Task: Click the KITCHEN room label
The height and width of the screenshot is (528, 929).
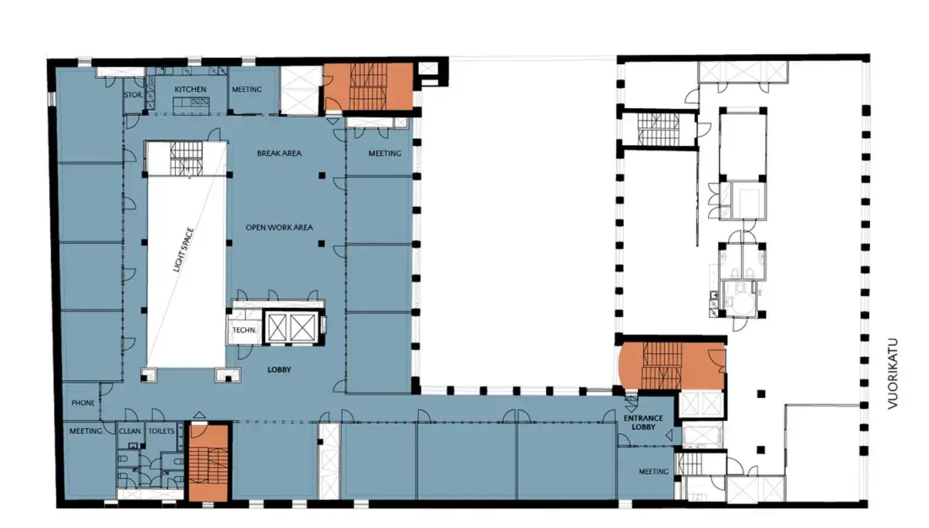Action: pyautogui.click(x=190, y=89)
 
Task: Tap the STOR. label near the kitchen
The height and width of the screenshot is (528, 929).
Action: pyautogui.click(x=133, y=95)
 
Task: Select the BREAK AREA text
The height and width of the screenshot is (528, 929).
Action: pyautogui.click(x=279, y=153)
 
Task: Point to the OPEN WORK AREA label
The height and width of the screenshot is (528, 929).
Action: pyautogui.click(x=279, y=227)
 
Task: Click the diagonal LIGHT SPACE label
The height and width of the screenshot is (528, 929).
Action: pyautogui.click(x=184, y=250)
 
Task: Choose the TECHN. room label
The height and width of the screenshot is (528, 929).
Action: pyautogui.click(x=244, y=330)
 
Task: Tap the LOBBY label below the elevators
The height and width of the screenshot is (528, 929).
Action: pyautogui.click(x=279, y=370)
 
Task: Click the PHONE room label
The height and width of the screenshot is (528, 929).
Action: pyautogui.click(x=83, y=403)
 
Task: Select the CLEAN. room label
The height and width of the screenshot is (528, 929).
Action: pyautogui.click(x=130, y=431)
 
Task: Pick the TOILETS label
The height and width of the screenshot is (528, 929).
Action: pyautogui.click(x=161, y=431)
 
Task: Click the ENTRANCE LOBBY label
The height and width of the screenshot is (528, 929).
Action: pyautogui.click(x=643, y=423)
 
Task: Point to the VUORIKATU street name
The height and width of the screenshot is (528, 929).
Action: pyautogui.click(x=893, y=374)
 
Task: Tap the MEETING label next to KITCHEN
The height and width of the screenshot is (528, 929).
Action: pyautogui.click(x=247, y=89)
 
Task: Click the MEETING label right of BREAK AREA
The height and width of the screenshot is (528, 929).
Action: pyautogui.click(x=385, y=153)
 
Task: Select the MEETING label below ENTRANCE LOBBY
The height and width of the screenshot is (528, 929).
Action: pyautogui.click(x=653, y=471)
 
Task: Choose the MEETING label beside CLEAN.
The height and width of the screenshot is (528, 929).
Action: pyautogui.click(x=86, y=431)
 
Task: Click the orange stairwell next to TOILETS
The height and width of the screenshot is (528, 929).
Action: pyautogui.click(x=208, y=463)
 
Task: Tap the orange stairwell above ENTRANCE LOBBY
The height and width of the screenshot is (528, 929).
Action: pyautogui.click(x=672, y=365)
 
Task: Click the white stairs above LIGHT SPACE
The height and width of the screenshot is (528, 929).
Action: pyautogui.click(x=187, y=158)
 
